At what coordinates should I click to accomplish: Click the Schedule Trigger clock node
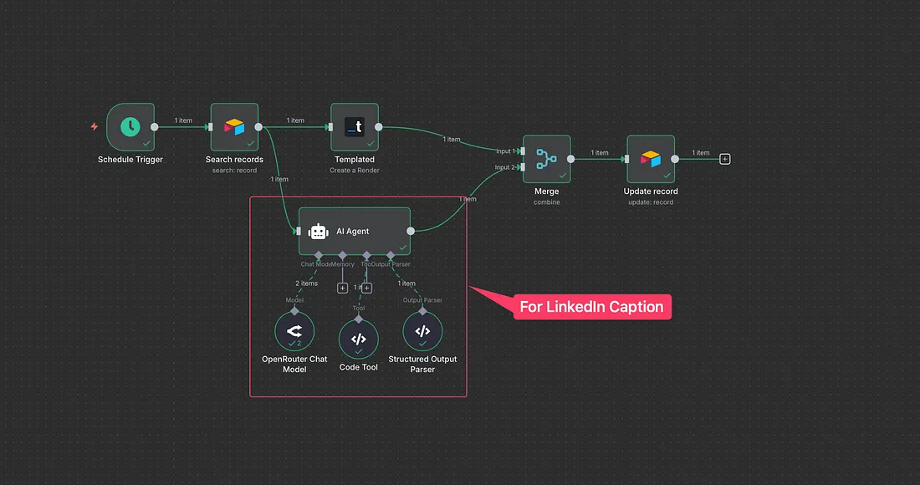[x=130, y=127]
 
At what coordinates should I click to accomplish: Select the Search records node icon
[x=234, y=127]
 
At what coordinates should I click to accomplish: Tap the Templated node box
[x=355, y=127]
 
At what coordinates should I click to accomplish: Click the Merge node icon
[x=547, y=159]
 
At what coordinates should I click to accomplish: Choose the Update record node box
[x=651, y=159]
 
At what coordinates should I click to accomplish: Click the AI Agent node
[x=355, y=232]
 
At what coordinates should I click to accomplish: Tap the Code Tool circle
[x=358, y=339]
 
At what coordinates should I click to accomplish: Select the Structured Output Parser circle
[x=422, y=332]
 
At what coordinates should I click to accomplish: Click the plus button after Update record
[x=725, y=159]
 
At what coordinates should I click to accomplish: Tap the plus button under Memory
[x=342, y=288]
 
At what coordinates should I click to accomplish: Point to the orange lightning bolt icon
[x=94, y=127]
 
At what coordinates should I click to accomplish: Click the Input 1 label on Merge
[x=504, y=151]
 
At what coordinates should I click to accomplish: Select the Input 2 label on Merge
[x=504, y=167]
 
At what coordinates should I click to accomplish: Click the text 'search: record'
[x=234, y=171]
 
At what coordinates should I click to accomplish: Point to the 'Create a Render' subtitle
[x=355, y=171]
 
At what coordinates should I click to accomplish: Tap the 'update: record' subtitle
[x=651, y=202]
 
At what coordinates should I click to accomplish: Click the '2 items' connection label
[x=306, y=283]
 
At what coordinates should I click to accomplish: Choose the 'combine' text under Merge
[x=547, y=202]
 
